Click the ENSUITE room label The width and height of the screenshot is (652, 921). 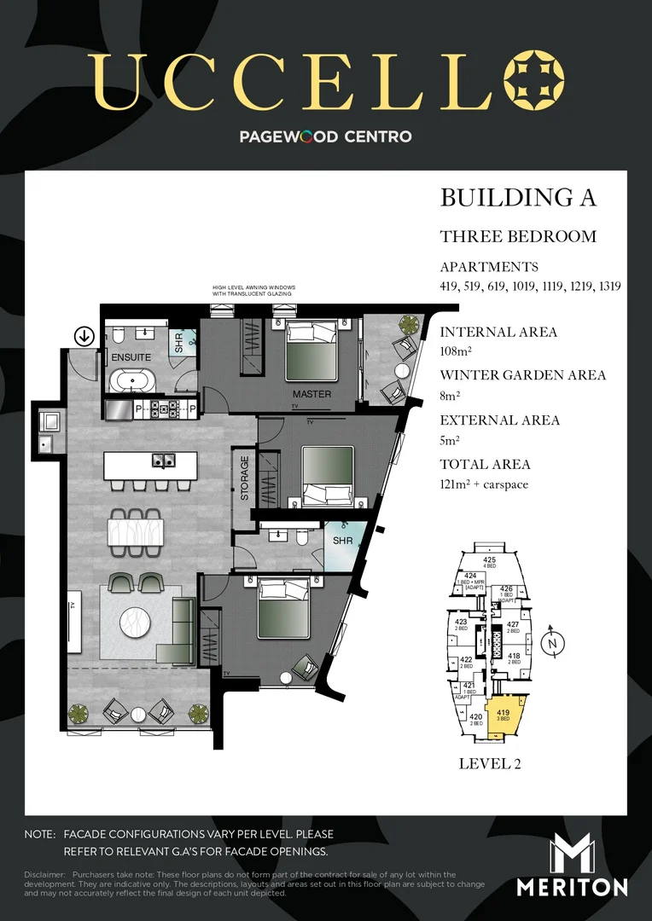click(131, 356)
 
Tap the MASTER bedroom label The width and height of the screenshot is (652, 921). click(311, 394)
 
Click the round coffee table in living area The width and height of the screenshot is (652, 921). click(137, 622)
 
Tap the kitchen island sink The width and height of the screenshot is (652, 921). click(163, 461)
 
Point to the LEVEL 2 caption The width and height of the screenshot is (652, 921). click(490, 763)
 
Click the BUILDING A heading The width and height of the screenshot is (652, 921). click(517, 198)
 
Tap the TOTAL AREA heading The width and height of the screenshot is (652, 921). click(485, 465)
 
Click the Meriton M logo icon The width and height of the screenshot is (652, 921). click(572, 853)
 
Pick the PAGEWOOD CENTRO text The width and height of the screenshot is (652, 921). click(326, 136)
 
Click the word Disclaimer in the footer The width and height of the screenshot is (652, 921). click(44, 875)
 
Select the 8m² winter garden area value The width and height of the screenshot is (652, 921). click(451, 396)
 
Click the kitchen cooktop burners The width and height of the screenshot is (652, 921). click(163, 410)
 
